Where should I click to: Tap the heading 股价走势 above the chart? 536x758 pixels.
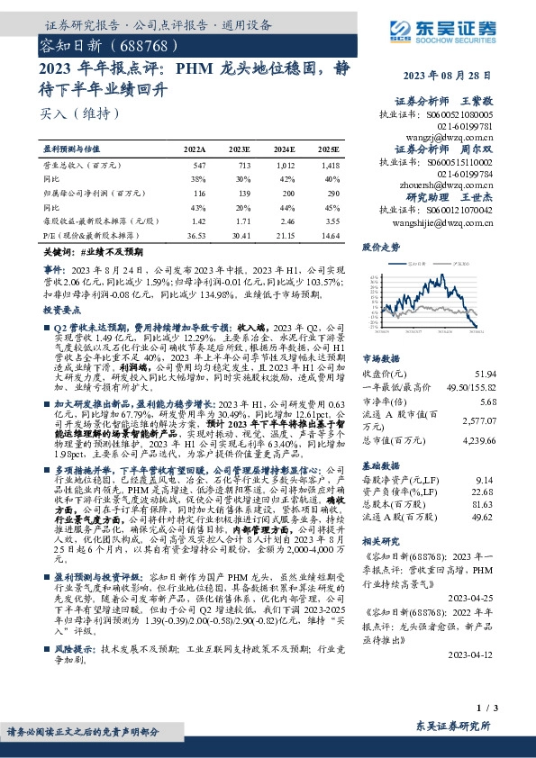click(380, 246)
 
